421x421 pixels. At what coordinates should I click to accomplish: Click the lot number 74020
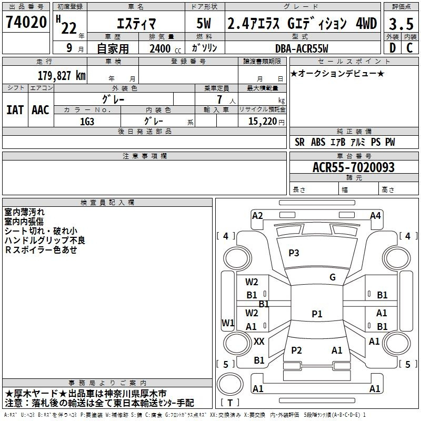pos(26,22)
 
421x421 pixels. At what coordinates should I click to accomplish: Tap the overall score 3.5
pos(401,24)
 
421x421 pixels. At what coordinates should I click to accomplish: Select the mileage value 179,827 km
pos(62,76)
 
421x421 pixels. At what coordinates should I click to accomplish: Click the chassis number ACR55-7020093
pos(354,167)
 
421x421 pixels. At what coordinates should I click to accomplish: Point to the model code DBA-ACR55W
pos(302,48)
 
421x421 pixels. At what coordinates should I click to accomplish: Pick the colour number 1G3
pos(87,122)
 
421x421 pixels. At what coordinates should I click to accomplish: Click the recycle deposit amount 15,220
pos(263,122)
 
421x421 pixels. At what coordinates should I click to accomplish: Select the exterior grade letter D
pos(393,48)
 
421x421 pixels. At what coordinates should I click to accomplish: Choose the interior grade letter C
pos(409,48)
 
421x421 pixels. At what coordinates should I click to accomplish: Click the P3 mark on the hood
pos(294,253)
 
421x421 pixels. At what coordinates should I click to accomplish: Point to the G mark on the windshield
pos(333,277)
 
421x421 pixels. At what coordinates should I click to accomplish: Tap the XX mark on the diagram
pos(259,342)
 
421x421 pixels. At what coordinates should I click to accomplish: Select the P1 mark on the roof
pos(317,314)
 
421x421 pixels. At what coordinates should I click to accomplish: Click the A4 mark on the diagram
pos(375,216)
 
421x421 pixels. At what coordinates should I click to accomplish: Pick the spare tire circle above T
pos(230,384)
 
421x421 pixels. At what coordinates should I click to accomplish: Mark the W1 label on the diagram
pos(228,323)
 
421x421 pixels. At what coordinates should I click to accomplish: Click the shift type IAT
pos(15,110)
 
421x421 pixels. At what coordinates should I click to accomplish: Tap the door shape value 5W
pos(204,24)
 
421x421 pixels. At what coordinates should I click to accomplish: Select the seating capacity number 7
pos(220,99)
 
